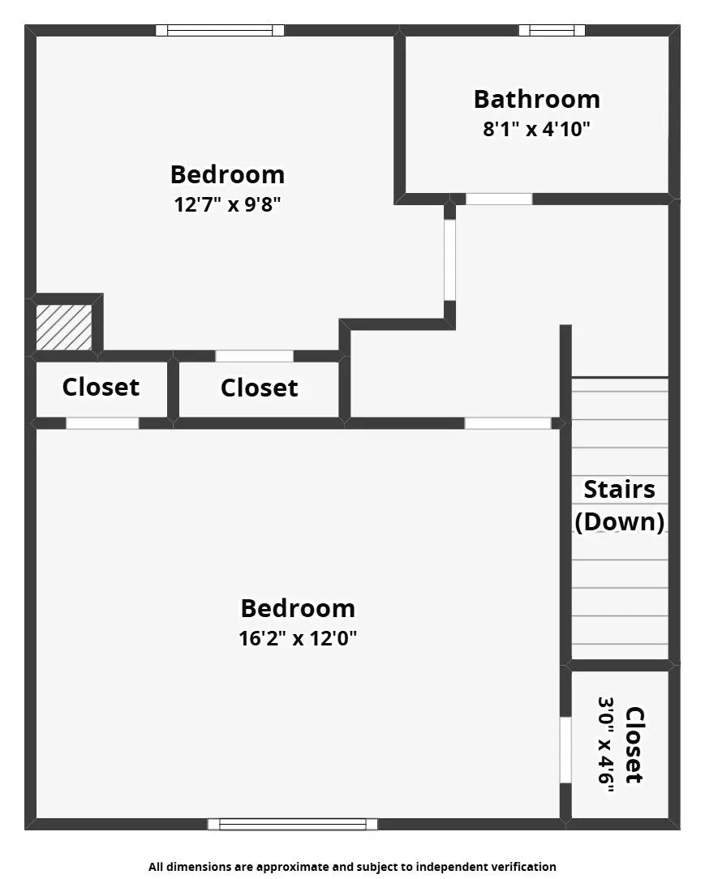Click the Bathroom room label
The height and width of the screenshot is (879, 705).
[536, 99]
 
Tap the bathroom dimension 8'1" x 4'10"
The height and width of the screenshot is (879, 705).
[536, 129]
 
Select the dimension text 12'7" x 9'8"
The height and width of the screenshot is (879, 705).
[227, 204]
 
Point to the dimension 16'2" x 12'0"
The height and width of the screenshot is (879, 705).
[298, 638]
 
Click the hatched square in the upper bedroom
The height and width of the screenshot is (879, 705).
[64, 327]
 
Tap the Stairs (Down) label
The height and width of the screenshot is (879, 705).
[620, 505]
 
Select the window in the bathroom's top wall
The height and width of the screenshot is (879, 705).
[552, 31]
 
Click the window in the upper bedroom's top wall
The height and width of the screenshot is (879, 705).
[220, 31]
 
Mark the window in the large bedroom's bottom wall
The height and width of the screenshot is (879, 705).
[292, 824]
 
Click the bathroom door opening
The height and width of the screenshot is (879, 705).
[499, 199]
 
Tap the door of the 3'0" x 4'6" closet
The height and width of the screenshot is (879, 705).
[565, 749]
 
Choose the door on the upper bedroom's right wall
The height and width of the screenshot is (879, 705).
[449, 259]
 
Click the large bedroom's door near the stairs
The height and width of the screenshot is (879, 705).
[507, 423]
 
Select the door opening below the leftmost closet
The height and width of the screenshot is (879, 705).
[102, 423]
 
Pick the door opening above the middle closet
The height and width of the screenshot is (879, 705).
[254, 356]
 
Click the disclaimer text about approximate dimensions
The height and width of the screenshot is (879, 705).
[352, 867]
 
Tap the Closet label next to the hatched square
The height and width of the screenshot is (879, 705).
[101, 388]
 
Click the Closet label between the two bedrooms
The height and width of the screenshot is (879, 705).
[259, 388]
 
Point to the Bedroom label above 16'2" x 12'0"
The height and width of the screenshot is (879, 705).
[298, 608]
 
